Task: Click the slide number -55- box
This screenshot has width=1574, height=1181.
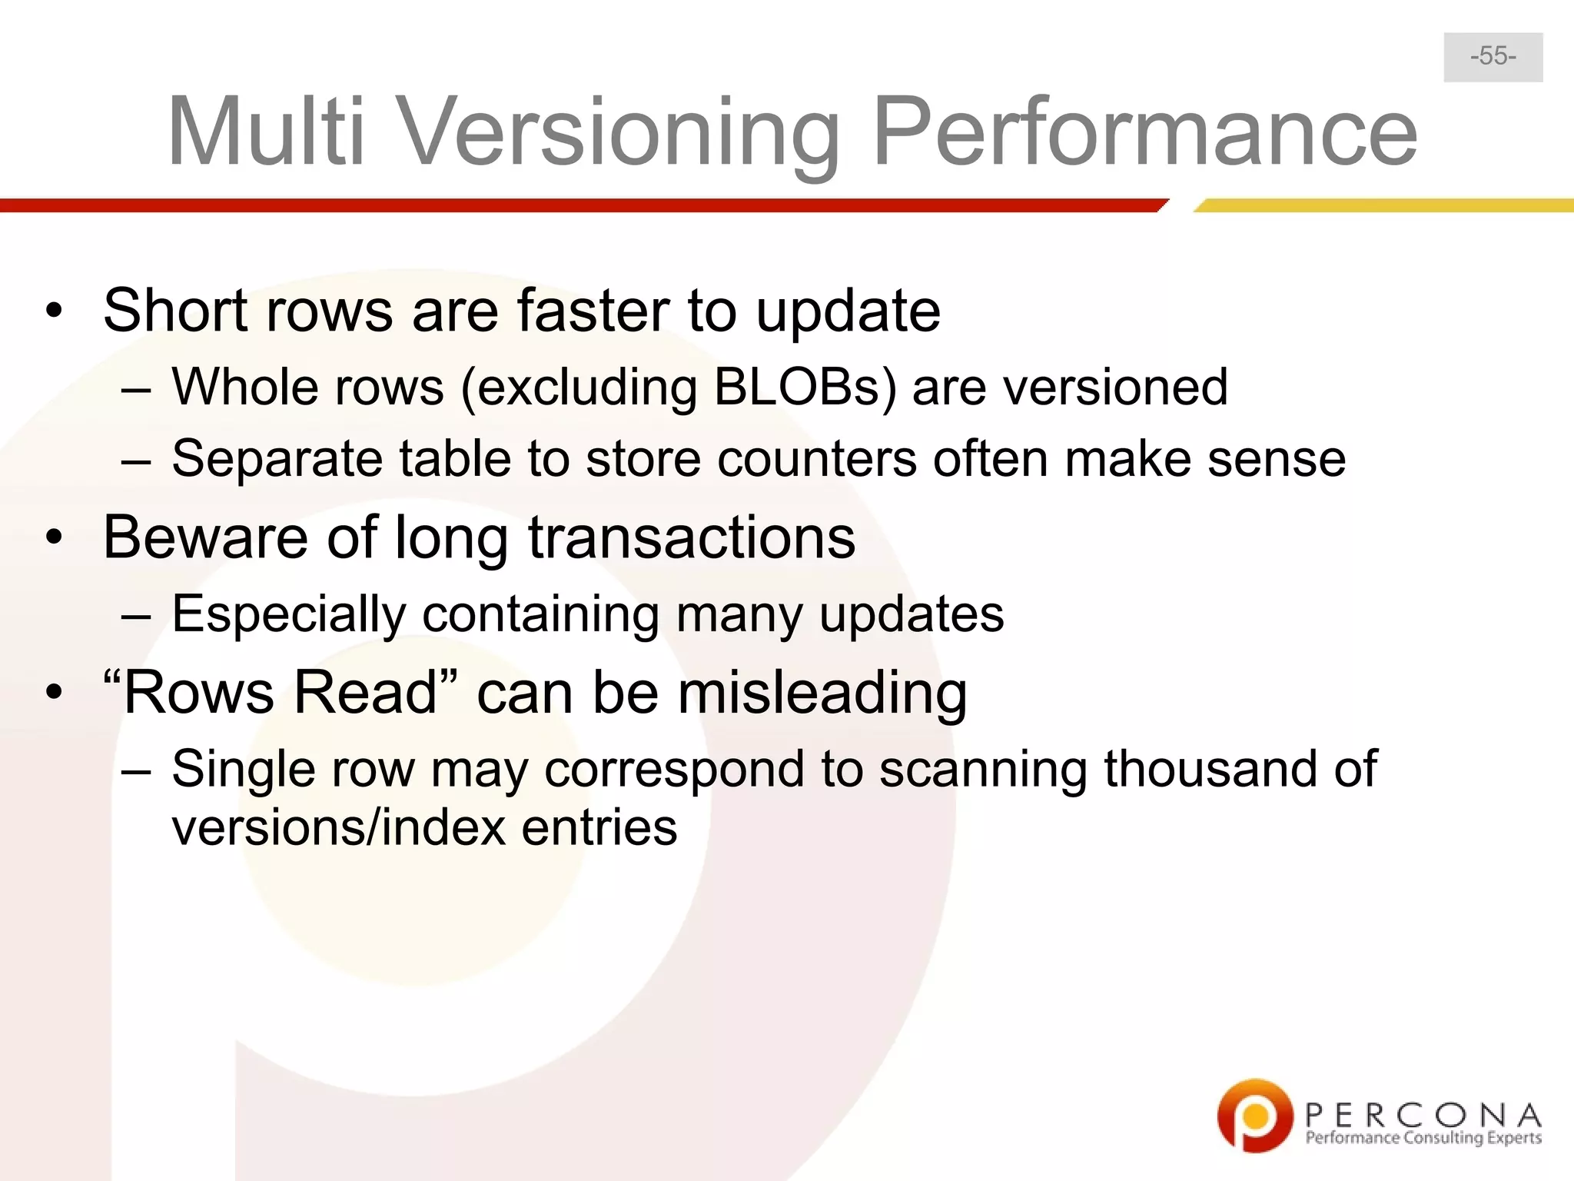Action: tap(1493, 57)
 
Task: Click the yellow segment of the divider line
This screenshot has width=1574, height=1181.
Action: tap(1383, 205)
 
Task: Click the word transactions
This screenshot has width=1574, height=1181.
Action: tap(692, 537)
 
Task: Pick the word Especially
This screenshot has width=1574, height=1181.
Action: tap(288, 614)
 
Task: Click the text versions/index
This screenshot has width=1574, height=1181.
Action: tap(338, 828)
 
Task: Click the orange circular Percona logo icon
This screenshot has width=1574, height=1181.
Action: tap(1254, 1115)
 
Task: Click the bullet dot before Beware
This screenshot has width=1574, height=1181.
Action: tap(53, 537)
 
